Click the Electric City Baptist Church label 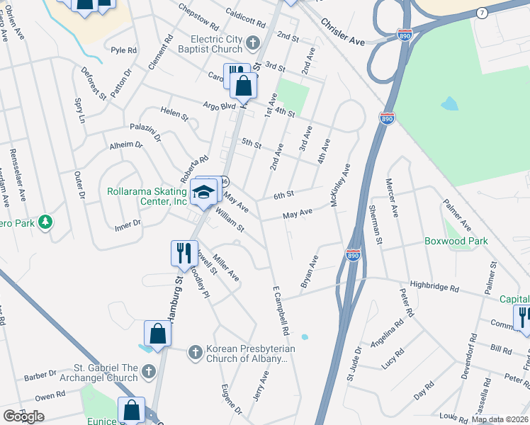coord(205,44)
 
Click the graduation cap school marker coord(202,191)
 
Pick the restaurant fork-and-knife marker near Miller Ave coord(184,252)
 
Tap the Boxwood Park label coord(456,241)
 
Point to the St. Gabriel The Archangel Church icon coord(148,371)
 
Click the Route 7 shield coord(482,13)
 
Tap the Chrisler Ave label coord(342,33)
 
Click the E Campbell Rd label coord(281,312)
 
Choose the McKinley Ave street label coord(340,186)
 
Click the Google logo coord(23,416)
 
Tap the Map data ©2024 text coord(500,419)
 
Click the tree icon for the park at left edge coord(46,222)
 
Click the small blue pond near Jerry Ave coord(305,336)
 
